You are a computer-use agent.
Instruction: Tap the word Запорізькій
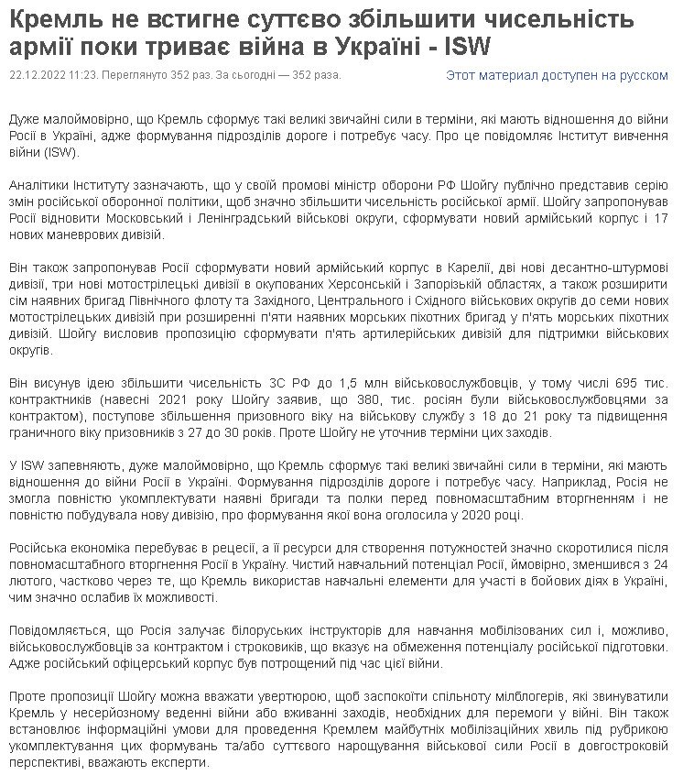(455, 284)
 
